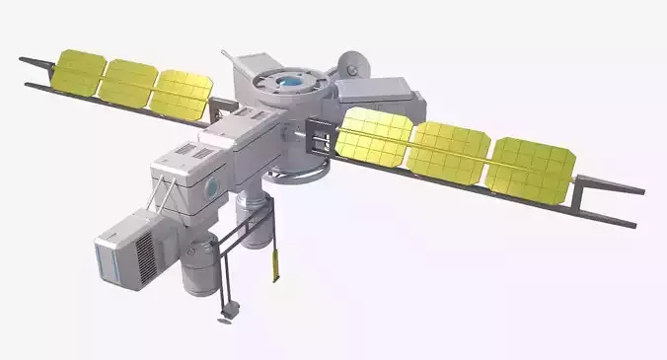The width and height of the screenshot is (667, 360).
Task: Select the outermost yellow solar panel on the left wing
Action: tap(80, 72)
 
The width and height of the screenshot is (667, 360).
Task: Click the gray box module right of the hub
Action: tap(379, 95)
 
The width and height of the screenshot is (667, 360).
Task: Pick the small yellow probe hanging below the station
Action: tap(273, 263)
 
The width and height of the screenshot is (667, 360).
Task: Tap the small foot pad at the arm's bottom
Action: tap(227, 318)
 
